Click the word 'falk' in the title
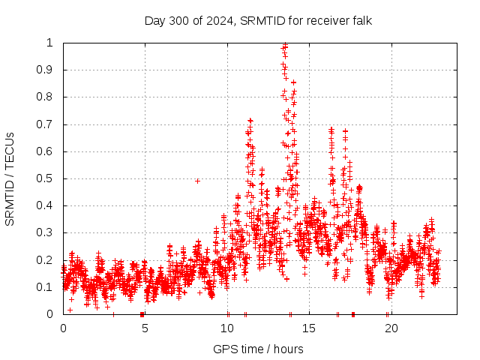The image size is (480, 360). tap(360, 20)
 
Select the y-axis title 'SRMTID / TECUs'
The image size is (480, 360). tap(10, 178)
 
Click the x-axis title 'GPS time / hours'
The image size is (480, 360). tap(258, 349)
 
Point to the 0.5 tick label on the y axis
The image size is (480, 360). tap(49, 178)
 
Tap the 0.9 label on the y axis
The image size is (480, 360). tap(49, 70)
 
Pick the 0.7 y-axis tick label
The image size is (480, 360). tap(49, 124)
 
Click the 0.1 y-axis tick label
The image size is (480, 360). tap(49, 287)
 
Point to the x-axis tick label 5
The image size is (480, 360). tap(145, 328)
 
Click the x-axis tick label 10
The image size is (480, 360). tap(226, 328)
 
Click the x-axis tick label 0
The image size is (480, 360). tap(63, 328)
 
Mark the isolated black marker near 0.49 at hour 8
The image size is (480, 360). tap(197, 181)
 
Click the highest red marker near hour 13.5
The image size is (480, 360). tap(285, 45)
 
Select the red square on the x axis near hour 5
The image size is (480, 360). tap(142, 314)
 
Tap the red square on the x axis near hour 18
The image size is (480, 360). tap(353, 314)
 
